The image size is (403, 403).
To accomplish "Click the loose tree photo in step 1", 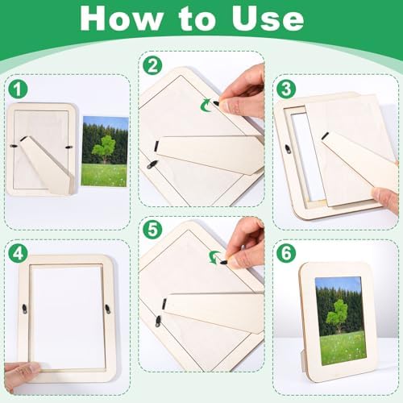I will [x=106, y=151].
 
